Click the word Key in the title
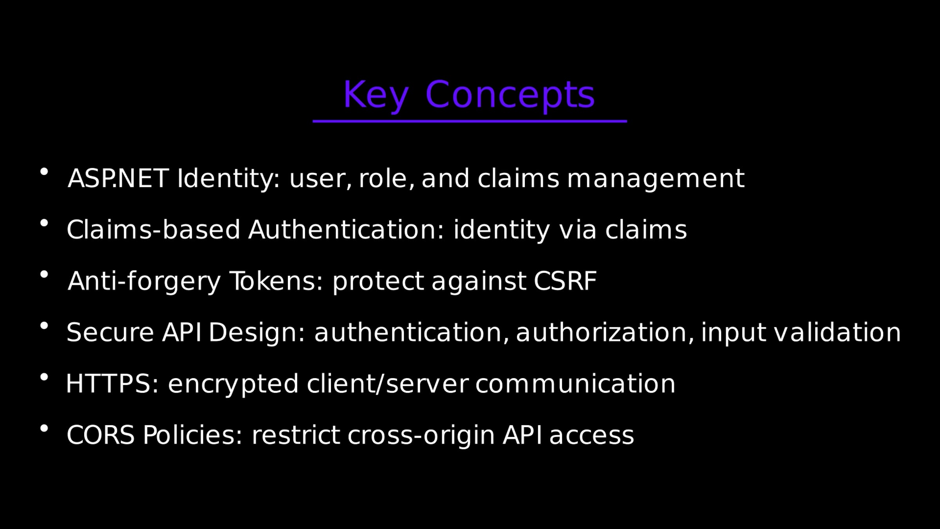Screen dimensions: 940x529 pyautogui.click(x=376, y=95)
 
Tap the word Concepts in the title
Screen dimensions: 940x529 pyautogui.click(x=510, y=95)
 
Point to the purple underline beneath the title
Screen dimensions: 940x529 pyautogui.click(x=470, y=121)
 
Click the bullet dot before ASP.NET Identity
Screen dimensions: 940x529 pyautogui.click(x=44, y=172)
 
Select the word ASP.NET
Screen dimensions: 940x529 pyautogui.click(x=118, y=178)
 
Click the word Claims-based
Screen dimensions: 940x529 pyautogui.click(x=153, y=229)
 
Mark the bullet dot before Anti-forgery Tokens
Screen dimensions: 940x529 pyautogui.click(x=44, y=274)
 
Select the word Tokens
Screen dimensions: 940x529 pyautogui.click(x=277, y=281)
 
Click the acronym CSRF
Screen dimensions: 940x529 pyautogui.click(x=565, y=281)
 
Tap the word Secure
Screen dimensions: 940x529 pyautogui.click(x=110, y=332)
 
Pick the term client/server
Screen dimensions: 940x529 pyautogui.click(x=387, y=384)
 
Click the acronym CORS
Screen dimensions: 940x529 pyautogui.click(x=101, y=435)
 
